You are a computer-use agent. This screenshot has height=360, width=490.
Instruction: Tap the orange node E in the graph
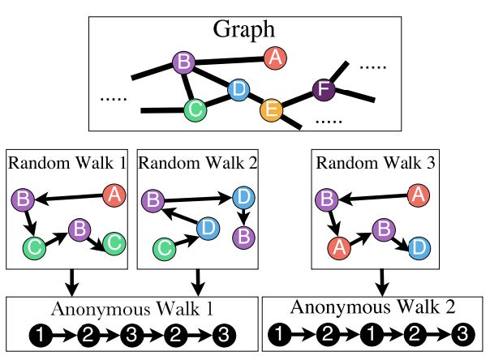[x=270, y=109]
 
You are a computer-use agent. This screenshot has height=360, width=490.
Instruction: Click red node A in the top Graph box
[x=275, y=58]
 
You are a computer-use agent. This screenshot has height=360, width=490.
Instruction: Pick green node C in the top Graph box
[x=195, y=108]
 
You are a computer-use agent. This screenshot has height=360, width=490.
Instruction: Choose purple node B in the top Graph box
[x=184, y=62]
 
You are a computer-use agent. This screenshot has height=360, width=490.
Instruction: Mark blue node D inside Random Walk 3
[x=419, y=246]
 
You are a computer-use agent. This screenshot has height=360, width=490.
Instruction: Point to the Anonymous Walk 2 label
[x=374, y=308]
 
